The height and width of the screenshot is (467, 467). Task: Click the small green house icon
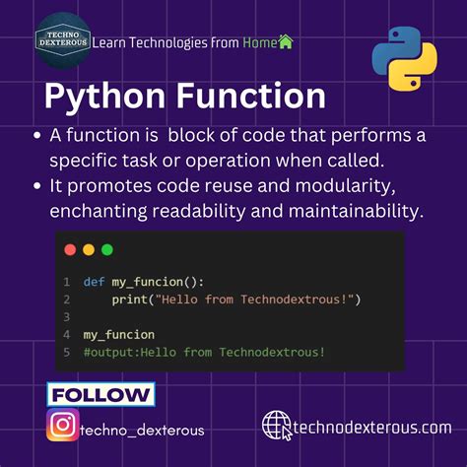(286, 41)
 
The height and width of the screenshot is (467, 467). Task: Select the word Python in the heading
(102, 97)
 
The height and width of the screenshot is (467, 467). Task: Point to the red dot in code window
(70, 250)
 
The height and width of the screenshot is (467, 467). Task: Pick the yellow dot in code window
(89, 250)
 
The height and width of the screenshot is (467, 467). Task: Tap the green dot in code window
(106, 250)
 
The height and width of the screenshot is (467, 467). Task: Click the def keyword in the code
(94, 282)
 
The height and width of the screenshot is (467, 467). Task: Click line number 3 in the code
(65, 317)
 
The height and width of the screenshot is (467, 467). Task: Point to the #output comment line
(204, 352)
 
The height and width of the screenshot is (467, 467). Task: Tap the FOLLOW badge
(100, 395)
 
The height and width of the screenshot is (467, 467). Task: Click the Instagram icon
(62, 427)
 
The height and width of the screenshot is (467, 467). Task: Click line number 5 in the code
(65, 352)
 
